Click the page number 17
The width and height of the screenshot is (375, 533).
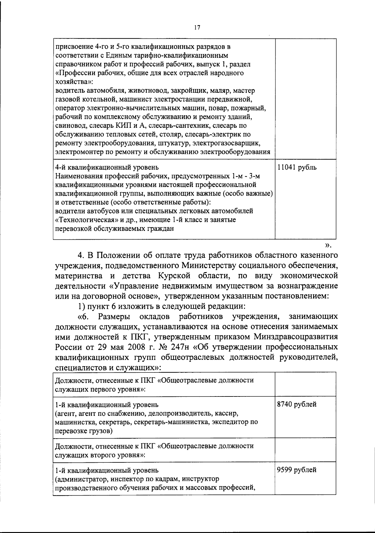pyautogui.click(x=197, y=28)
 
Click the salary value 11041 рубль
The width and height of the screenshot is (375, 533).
pyautogui.click(x=297, y=167)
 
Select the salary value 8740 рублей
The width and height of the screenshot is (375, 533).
pyautogui.click(x=297, y=404)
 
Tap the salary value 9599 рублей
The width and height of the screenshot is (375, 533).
pyautogui.click(x=297, y=470)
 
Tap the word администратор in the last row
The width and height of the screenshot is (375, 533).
pyautogui.click(x=78, y=479)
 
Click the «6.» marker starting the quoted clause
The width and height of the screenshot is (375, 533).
pyautogui.click(x=84, y=316)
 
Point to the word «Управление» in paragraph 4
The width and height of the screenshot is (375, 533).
pyautogui.click(x=137, y=286)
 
